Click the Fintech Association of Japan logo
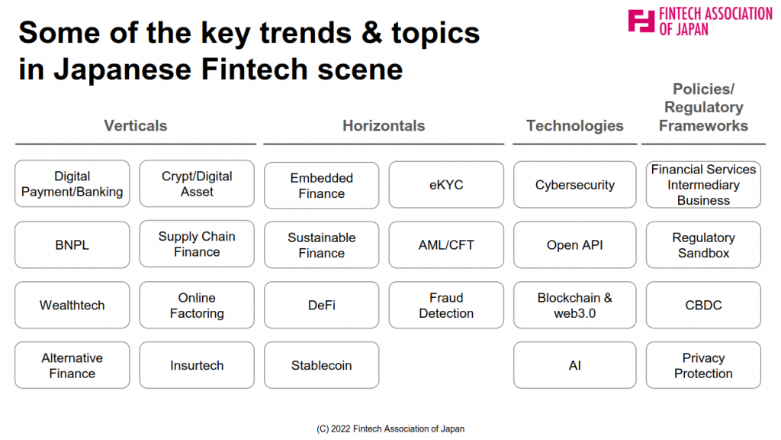pyautogui.click(x=700, y=21)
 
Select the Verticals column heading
pyautogui.click(x=136, y=126)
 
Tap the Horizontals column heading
pyautogui.click(x=384, y=126)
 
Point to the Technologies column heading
pyautogui.click(x=575, y=126)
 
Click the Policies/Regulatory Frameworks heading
pyautogui.click(x=703, y=107)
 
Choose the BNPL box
pyautogui.click(x=72, y=245)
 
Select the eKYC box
pyautogui.click(x=446, y=185)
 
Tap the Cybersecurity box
pyautogui.click(x=575, y=185)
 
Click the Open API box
pyautogui.click(x=575, y=245)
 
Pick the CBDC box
pyautogui.click(x=703, y=305)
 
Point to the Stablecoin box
pyautogui.click(x=322, y=365)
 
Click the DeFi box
pyautogui.click(x=322, y=305)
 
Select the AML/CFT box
pyautogui.click(x=446, y=245)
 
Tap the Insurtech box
pyautogui.click(x=197, y=365)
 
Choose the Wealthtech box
pyautogui.click(x=72, y=305)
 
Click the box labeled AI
pyautogui.click(x=575, y=365)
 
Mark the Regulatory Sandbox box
pyautogui.click(x=703, y=245)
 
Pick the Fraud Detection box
pyautogui.click(x=446, y=305)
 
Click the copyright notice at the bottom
pyautogui.click(x=390, y=429)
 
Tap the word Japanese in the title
pyautogui.click(x=123, y=70)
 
